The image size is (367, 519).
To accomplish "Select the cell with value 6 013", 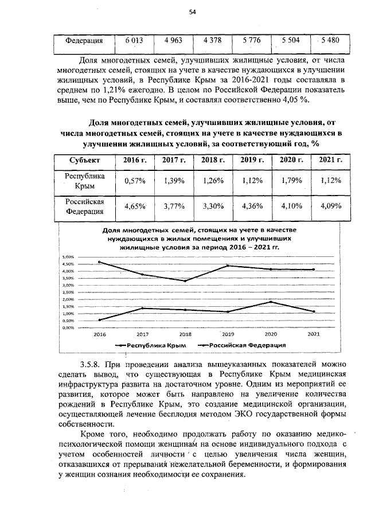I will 134,40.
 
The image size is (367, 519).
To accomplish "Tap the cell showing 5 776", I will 252,40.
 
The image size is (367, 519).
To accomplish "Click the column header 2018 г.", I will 213,159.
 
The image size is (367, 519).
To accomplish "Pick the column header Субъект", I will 84,159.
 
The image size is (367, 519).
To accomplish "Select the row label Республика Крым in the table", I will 84,181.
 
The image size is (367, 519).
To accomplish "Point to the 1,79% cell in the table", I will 291,181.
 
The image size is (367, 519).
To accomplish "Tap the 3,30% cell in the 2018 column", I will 213,206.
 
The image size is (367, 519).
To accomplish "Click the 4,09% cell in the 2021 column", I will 330,206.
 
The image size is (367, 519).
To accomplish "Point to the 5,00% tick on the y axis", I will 68,257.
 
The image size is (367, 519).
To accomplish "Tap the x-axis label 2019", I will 228,334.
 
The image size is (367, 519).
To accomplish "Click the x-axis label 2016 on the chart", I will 100,334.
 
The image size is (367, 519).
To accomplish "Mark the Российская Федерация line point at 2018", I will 185,281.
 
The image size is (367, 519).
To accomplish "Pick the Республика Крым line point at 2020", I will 271,302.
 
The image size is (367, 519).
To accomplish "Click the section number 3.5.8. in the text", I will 91,365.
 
